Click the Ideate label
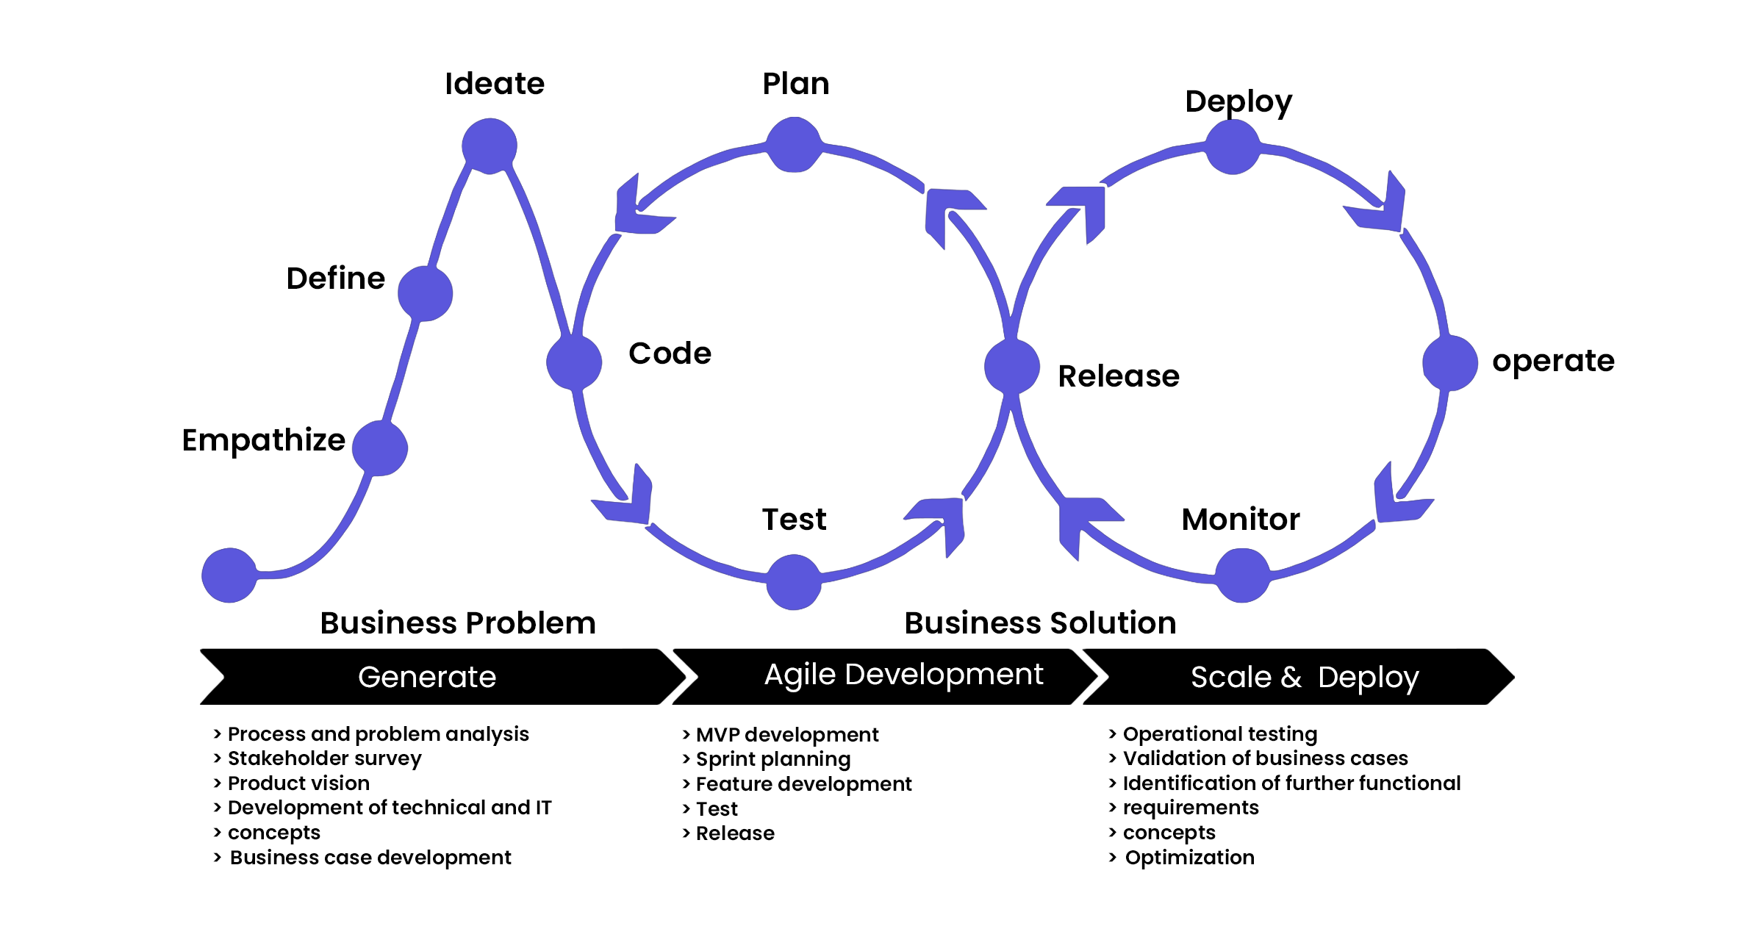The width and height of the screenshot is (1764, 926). (x=495, y=84)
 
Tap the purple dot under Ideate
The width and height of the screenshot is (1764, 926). (x=490, y=146)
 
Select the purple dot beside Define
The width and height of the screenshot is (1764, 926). (x=426, y=293)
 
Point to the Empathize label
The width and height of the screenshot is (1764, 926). (x=263, y=440)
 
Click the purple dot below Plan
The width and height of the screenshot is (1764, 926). (x=794, y=145)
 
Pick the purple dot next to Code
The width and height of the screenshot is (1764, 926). (x=574, y=362)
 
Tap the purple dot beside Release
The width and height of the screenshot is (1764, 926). (x=1012, y=366)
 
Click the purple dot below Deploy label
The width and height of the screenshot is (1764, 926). (x=1233, y=147)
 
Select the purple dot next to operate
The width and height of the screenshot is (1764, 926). (x=1450, y=363)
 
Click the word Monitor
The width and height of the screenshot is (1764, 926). (x=1241, y=520)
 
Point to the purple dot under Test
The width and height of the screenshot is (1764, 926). (x=794, y=582)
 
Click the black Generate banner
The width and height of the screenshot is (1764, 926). (x=427, y=677)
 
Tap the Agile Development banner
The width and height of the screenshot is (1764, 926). (x=903, y=675)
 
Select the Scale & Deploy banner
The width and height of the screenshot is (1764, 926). (x=1304, y=677)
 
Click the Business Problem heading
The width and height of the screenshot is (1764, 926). (x=458, y=623)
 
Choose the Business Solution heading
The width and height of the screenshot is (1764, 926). (x=1040, y=623)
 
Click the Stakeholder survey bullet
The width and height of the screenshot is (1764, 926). (x=324, y=758)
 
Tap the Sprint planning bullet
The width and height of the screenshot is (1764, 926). (x=772, y=759)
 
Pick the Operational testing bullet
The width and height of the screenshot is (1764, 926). (x=1219, y=734)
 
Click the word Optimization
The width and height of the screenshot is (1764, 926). (x=1189, y=858)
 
